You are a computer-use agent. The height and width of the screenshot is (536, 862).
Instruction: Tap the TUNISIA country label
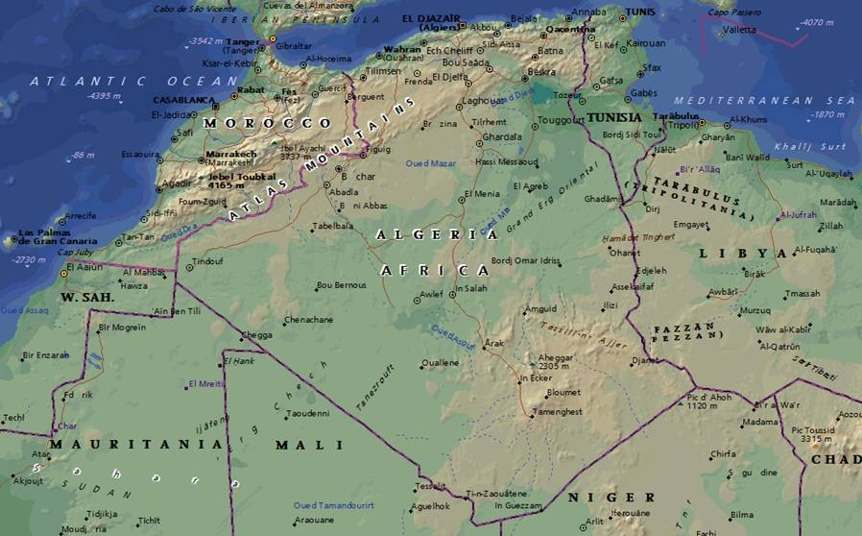tap(614, 117)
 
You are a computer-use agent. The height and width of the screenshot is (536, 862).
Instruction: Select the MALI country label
tap(308, 445)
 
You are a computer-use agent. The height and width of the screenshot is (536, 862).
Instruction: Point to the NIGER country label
tap(611, 497)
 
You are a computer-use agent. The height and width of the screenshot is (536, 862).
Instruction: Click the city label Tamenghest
tap(558, 411)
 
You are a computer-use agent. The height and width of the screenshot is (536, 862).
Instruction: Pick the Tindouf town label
tap(207, 261)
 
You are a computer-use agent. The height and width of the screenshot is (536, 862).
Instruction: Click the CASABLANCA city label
tap(182, 99)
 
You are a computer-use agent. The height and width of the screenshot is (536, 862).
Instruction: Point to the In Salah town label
tap(471, 288)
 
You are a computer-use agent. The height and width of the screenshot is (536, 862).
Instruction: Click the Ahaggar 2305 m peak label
tap(555, 360)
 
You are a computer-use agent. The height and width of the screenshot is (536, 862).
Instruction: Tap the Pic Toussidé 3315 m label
tap(811, 434)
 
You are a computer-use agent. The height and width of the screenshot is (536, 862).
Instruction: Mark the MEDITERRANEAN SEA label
tap(763, 100)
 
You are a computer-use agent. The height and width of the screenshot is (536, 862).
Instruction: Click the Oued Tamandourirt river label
tap(334, 505)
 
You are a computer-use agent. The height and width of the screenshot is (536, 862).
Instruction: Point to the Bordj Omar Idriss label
tap(525, 260)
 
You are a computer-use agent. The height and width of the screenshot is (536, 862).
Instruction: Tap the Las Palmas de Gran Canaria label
tap(57, 237)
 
